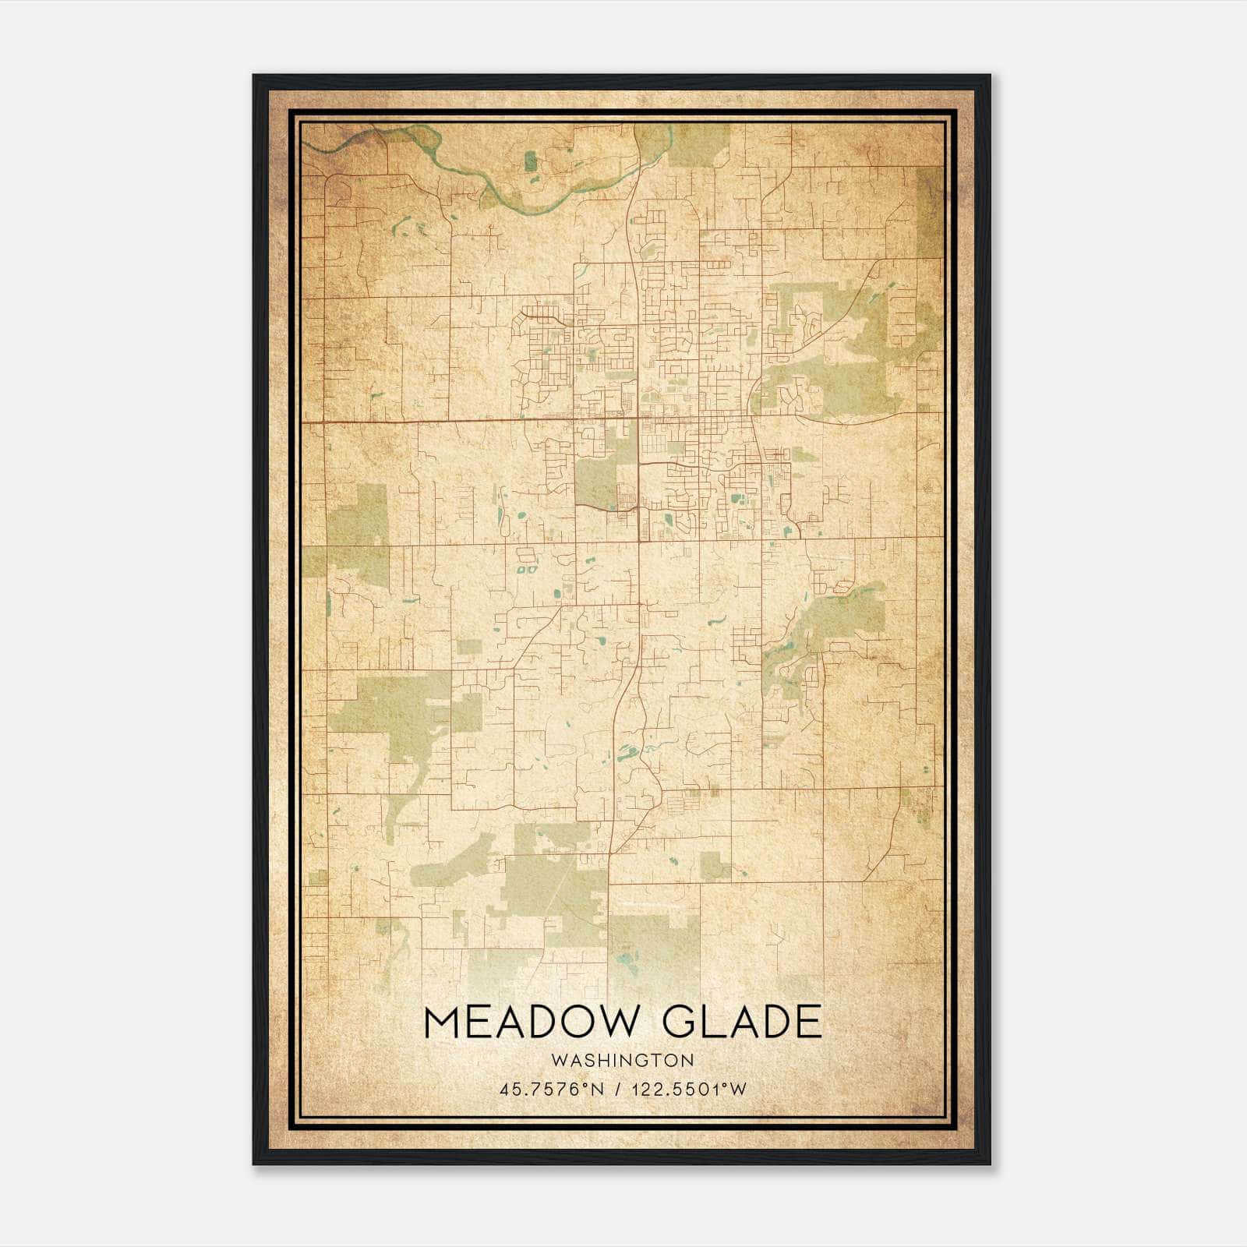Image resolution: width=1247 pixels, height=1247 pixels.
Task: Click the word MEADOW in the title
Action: pyautogui.click(x=530, y=1022)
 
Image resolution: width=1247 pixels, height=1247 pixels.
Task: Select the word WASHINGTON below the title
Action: pyautogui.click(x=622, y=1060)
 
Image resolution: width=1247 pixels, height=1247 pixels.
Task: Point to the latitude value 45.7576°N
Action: pyautogui.click(x=552, y=1090)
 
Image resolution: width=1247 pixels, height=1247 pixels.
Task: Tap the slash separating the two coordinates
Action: pyautogui.click(x=616, y=1090)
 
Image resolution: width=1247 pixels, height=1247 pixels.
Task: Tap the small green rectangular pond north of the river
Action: pyautogui.click(x=531, y=161)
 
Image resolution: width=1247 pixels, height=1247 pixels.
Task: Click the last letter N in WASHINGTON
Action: pyautogui.click(x=688, y=1060)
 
